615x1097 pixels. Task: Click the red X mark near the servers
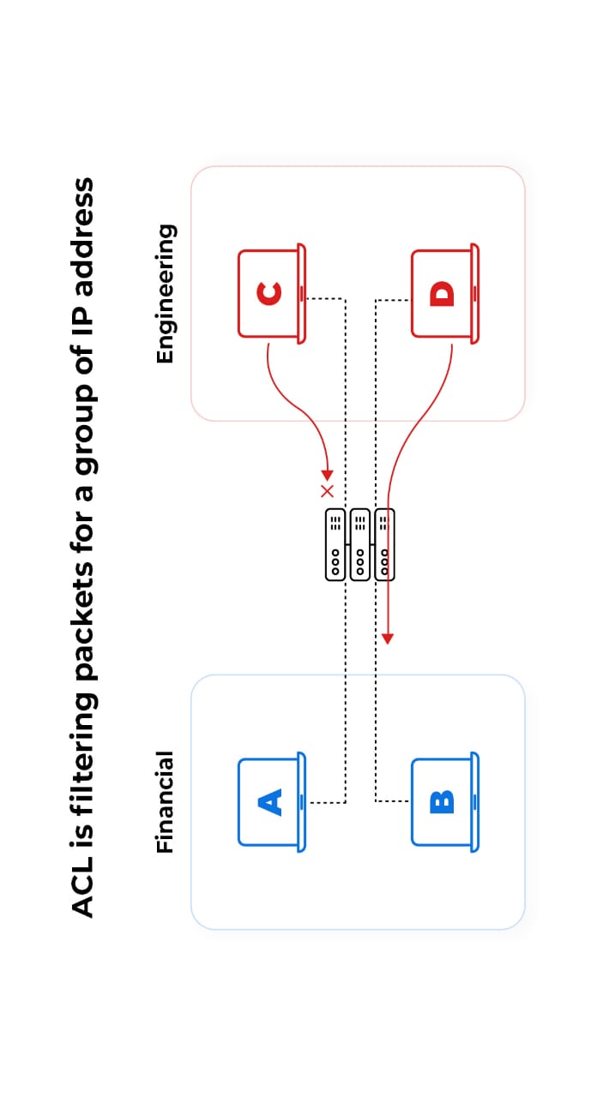[327, 491]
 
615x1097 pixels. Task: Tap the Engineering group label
[166, 294]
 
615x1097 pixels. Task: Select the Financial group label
[166, 802]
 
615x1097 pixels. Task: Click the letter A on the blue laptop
[270, 802]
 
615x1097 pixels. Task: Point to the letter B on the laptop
[443, 802]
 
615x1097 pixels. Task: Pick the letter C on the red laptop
[269, 294]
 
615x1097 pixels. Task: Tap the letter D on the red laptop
[443, 294]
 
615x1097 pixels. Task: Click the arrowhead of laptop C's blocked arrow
[327, 474]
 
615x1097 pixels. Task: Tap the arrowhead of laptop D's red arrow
[388, 638]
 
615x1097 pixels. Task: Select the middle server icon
[360, 544]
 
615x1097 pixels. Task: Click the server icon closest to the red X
[335, 544]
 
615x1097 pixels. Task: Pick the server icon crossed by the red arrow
[385, 544]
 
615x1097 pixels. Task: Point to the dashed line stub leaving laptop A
[326, 803]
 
